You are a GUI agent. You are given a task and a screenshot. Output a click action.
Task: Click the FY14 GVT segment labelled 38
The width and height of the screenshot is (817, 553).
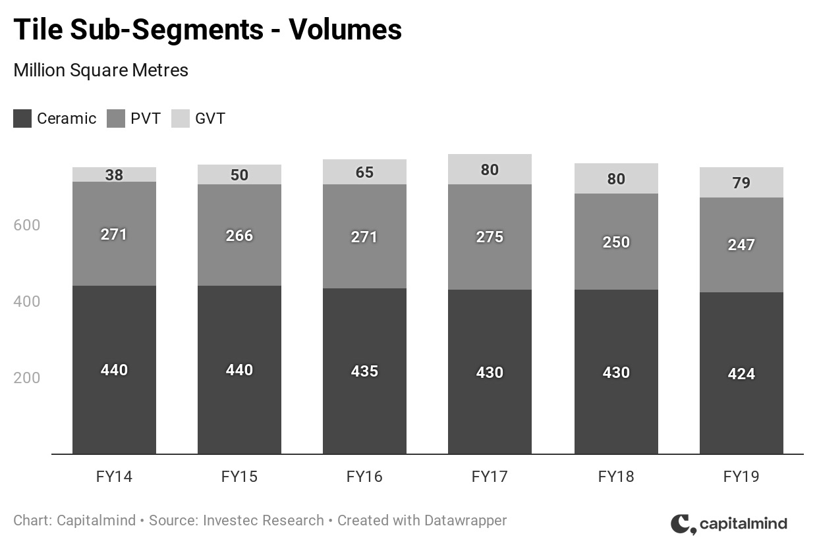[114, 174]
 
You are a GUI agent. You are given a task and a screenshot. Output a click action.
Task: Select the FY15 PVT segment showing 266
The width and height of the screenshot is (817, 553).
[239, 235]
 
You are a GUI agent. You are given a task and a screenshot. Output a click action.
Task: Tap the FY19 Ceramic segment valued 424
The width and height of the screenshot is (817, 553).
[741, 373]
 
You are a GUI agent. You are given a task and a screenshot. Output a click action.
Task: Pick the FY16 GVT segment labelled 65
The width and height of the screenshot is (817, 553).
[364, 172]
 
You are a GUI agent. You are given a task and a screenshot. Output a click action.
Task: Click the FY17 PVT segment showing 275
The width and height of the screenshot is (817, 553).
[490, 236]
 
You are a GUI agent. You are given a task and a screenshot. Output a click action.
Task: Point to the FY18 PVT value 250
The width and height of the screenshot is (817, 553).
[616, 242]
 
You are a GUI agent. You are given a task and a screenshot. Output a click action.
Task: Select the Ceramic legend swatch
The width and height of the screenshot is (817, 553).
[22, 118]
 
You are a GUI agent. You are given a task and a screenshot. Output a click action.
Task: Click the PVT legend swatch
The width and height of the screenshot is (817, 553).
[116, 118]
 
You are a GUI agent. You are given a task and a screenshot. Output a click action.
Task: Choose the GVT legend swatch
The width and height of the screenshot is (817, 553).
[181, 118]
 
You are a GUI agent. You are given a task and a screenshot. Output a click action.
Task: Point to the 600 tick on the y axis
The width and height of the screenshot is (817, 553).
[27, 225]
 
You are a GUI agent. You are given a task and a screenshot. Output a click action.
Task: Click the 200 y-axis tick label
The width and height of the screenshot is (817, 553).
[27, 378]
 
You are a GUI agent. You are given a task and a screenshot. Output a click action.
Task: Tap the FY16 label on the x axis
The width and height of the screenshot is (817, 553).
[364, 477]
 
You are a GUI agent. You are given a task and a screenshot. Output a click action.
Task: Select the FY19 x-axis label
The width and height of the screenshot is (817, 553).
[741, 477]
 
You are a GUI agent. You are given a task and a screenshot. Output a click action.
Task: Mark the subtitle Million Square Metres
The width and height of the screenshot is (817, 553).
[101, 70]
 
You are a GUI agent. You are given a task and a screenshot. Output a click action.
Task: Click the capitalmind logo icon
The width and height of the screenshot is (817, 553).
[683, 524]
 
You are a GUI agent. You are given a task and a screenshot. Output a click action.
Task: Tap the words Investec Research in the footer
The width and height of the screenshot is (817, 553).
[264, 521]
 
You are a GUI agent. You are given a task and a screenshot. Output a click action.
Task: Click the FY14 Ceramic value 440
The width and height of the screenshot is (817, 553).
[114, 370]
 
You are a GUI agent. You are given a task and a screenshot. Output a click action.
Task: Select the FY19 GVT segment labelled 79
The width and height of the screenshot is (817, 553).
[741, 182]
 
